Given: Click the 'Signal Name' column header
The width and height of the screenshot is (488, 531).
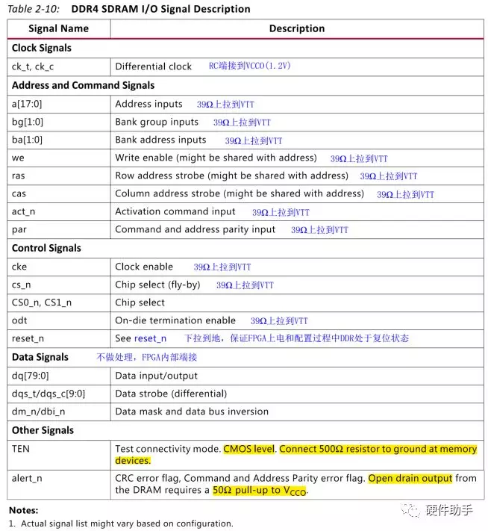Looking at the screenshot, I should click(58, 28).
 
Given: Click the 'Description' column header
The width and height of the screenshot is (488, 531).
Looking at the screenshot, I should click(296, 28).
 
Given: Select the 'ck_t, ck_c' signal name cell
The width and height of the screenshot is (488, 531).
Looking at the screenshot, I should click(33, 66).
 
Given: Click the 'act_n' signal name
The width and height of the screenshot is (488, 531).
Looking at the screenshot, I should click(24, 211).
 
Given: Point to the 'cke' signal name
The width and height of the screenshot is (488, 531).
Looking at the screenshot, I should click(20, 267).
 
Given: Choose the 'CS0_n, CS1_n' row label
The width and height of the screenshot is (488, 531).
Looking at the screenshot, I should click(42, 302).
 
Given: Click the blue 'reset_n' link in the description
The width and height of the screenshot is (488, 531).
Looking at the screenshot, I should click(150, 338).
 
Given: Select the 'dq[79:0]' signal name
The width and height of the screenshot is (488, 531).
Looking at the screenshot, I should click(31, 375).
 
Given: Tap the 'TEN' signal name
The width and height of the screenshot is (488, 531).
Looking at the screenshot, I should click(21, 449).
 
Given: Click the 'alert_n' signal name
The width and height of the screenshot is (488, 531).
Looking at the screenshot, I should click(27, 479).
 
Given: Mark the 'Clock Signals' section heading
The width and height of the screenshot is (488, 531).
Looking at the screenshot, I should click(42, 48).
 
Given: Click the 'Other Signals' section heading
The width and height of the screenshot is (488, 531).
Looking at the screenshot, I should click(43, 430).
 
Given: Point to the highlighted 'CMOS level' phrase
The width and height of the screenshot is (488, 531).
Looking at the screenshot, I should click(249, 449).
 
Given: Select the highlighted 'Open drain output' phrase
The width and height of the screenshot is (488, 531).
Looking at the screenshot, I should click(410, 479).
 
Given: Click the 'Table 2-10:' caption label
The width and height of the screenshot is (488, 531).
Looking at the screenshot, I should click(33, 9).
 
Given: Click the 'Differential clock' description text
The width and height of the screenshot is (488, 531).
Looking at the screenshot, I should click(153, 66).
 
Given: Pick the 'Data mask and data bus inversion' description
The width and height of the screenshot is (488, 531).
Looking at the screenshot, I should click(192, 412).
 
